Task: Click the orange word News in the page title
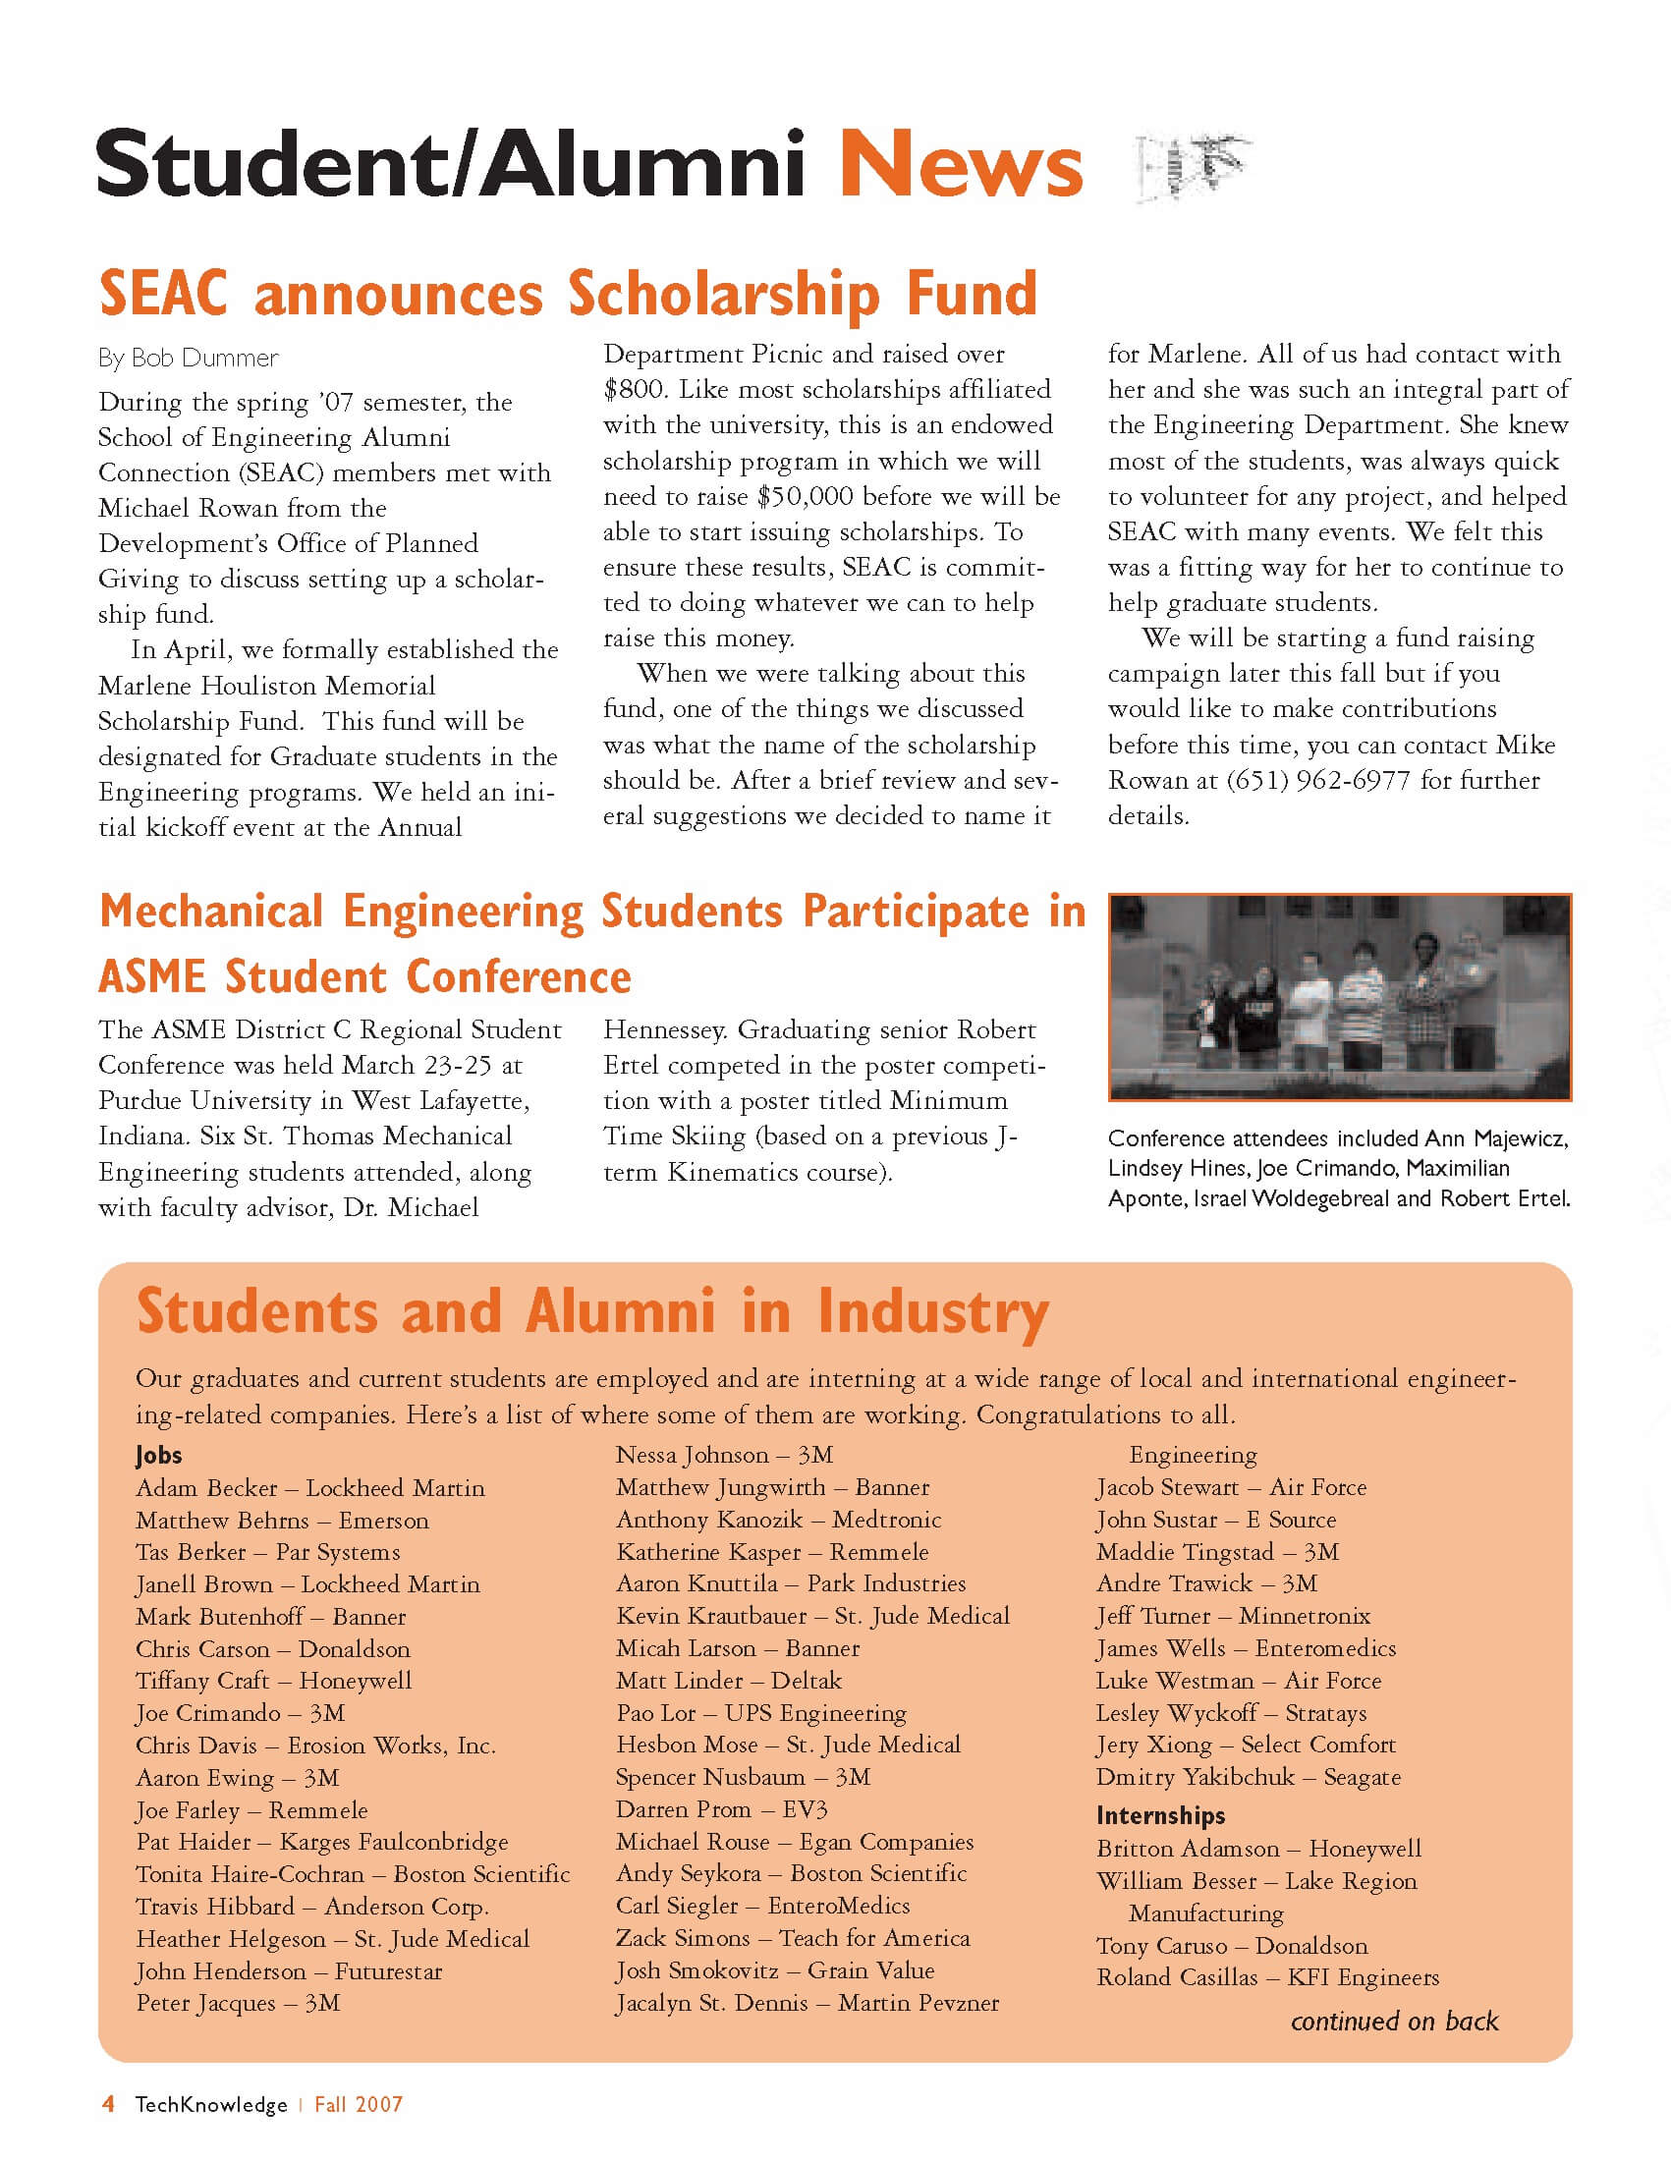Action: [960, 164]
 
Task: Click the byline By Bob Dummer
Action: [188, 358]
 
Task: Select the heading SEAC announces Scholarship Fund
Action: [567, 294]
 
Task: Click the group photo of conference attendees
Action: [1339, 997]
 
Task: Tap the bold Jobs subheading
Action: [159, 1454]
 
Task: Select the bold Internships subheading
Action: [1160, 1814]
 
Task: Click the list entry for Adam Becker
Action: [309, 1488]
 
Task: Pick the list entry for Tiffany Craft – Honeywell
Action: [273, 1681]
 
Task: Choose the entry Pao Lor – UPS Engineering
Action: [760, 1712]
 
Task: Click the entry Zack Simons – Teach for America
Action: [792, 1938]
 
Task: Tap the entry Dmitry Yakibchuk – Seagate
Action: [1248, 1777]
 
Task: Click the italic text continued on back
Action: [1394, 2021]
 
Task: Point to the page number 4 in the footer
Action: [109, 2104]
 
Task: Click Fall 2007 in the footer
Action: [359, 2105]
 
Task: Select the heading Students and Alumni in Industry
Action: [592, 1311]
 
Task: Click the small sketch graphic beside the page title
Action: [1193, 164]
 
